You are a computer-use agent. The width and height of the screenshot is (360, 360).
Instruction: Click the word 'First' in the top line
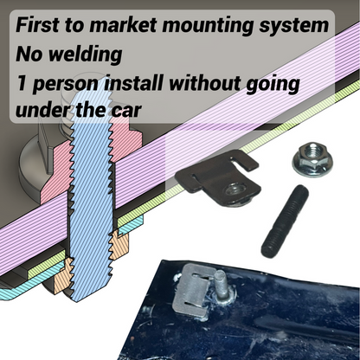(42, 24)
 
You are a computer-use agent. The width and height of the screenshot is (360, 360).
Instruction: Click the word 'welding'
(85, 55)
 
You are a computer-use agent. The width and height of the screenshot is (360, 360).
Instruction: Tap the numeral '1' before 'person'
(22, 85)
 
